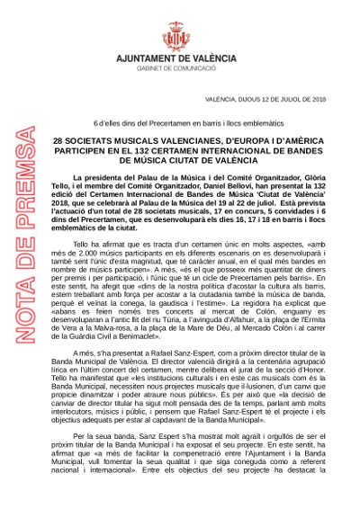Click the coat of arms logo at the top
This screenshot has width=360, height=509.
click(179, 30)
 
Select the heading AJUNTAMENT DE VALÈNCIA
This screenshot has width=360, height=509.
click(179, 57)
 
